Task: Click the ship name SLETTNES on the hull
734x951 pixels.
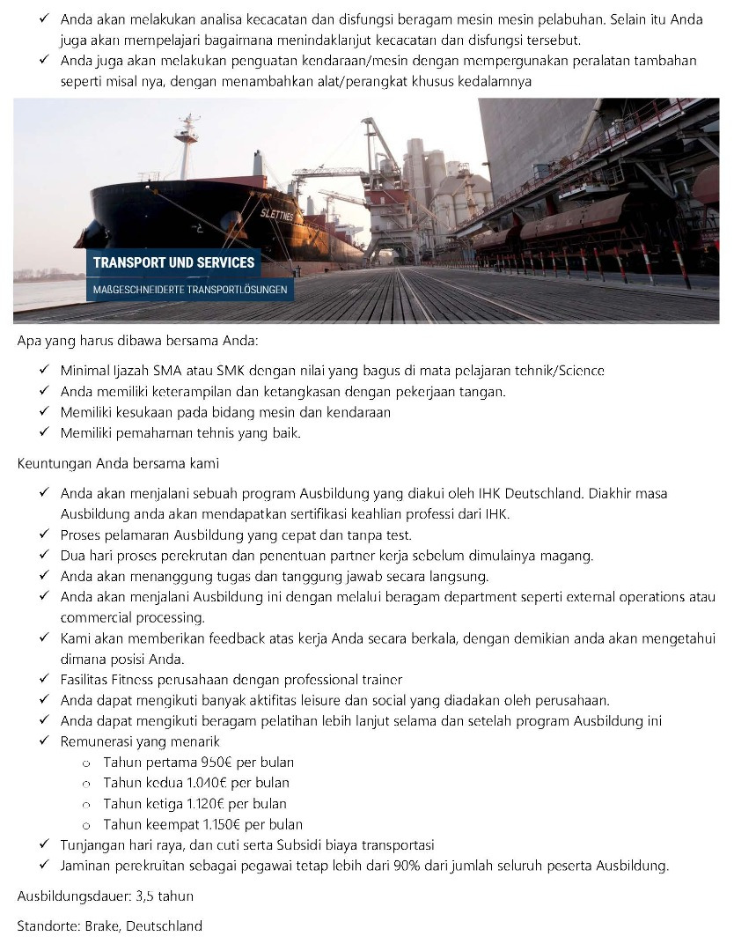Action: click(x=277, y=215)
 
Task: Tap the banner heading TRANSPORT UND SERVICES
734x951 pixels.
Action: click(x=173, y=262)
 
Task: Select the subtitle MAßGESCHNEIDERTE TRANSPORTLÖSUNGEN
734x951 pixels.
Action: click(x=190, y=290)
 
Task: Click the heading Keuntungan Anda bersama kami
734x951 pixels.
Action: click(x=119, y=462)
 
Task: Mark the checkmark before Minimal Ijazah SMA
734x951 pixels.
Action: click(x=45, y=371)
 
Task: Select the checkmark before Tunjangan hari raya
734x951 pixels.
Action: click(x=45, y=845)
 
